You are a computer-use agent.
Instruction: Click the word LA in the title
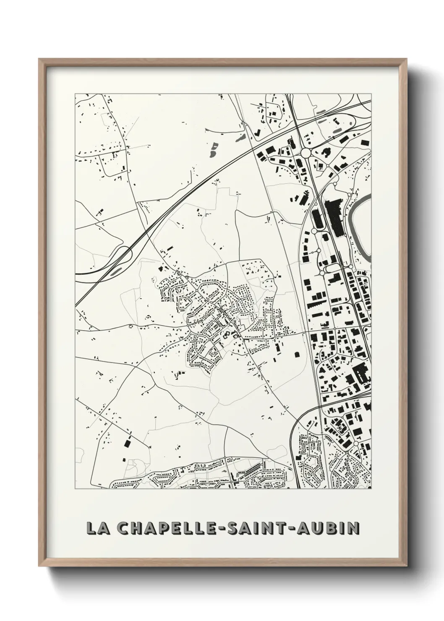tap(95, 528)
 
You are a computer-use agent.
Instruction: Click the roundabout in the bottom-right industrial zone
tap(356, 444)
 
